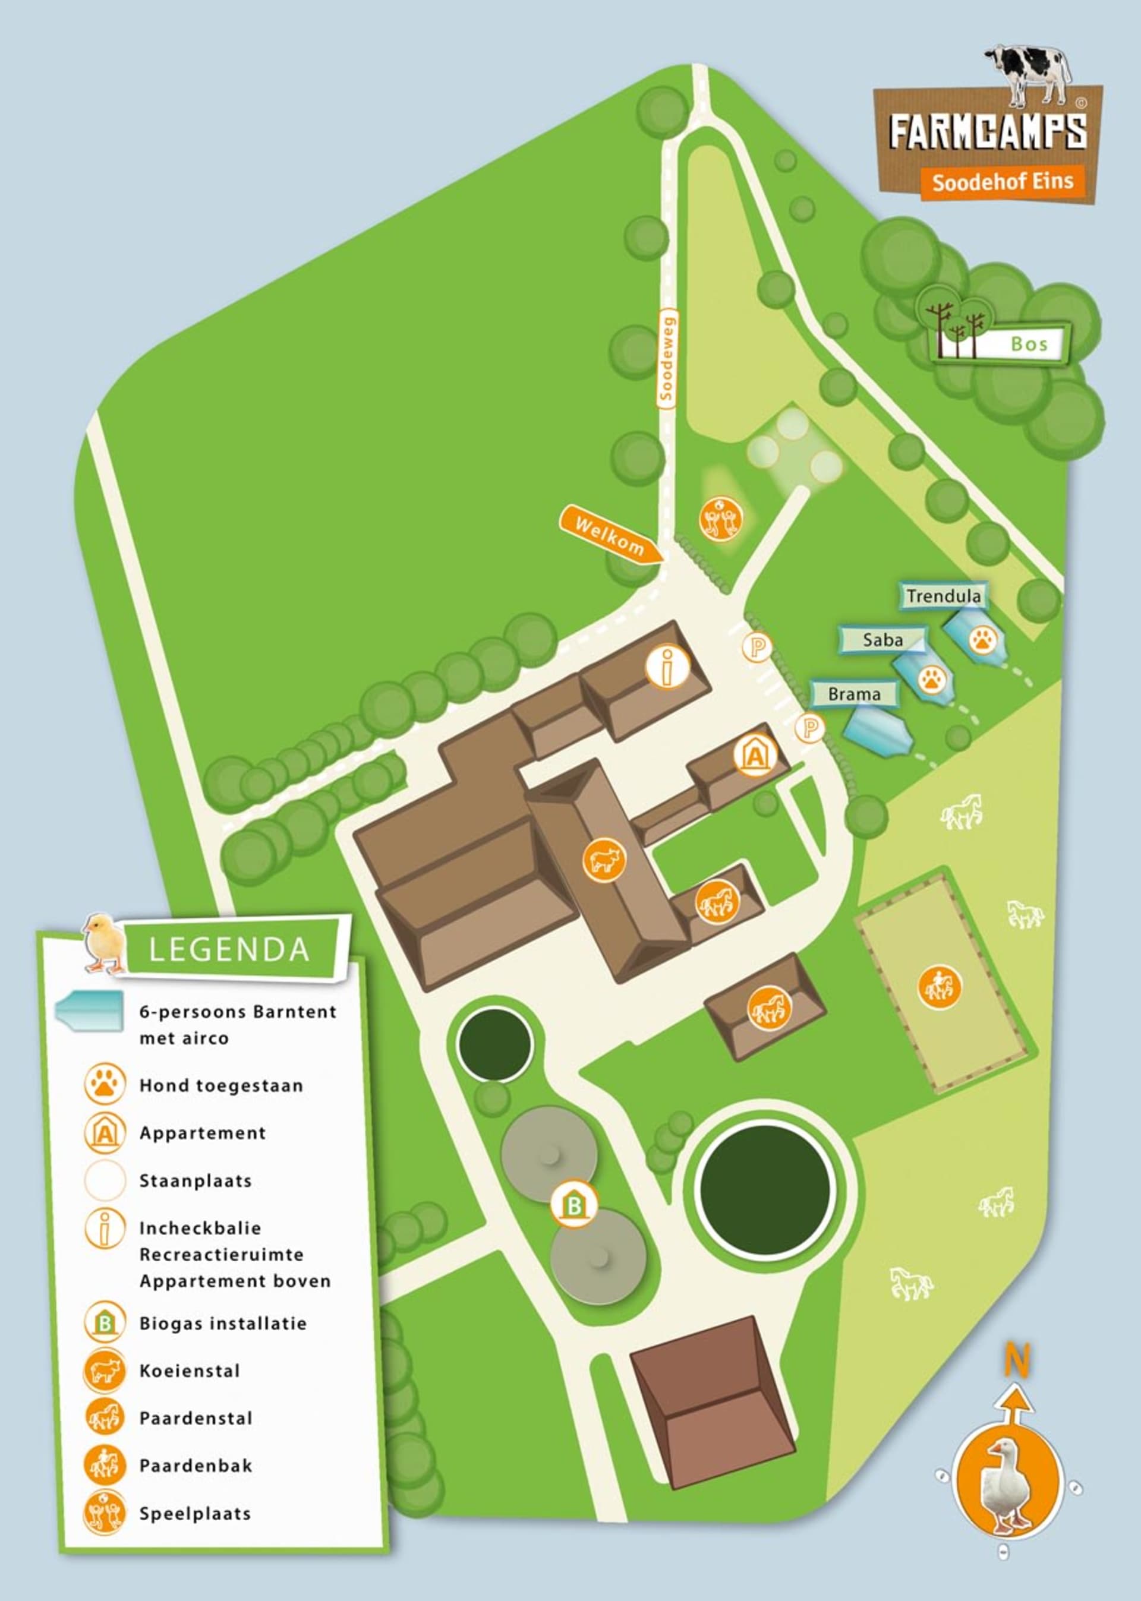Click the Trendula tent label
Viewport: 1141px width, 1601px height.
(944, 596)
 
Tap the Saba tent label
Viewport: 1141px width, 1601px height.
(882, 640)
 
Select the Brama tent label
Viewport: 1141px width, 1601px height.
(853, 694)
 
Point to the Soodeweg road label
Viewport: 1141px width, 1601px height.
(667, 358)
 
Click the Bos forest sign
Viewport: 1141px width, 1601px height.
(1029, 343)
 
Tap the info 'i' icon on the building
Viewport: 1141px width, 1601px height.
(667, 666)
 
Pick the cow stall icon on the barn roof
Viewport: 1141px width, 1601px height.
(604, 860)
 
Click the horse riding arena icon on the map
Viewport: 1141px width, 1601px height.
(940, 987)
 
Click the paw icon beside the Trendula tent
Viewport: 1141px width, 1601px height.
(982, 640)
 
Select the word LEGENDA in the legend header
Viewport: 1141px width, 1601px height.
(229, 950)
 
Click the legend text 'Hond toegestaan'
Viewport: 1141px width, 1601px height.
(220, 1085)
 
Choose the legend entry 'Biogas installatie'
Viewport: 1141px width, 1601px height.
(223, 1324)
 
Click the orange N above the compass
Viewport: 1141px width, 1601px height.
(1016, 1361)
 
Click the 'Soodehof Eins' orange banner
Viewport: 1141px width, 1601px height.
(1003, 182)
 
